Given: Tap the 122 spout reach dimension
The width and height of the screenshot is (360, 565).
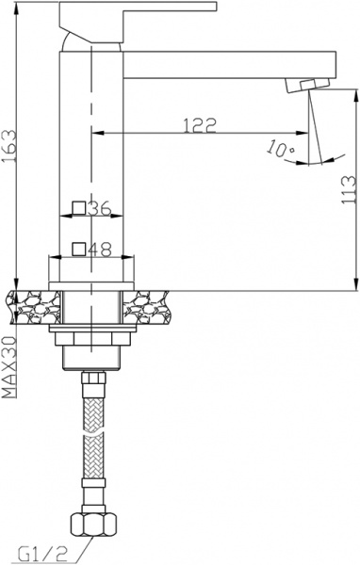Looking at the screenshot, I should [x=200, y=123].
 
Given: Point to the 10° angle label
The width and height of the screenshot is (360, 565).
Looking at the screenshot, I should [x=280, y=149].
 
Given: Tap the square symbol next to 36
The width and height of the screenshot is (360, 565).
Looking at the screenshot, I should [x=80, y=210].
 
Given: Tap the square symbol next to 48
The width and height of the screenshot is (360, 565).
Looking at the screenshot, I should [x=80, y=250].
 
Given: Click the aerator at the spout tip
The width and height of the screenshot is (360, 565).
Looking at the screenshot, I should [x=301, y=86].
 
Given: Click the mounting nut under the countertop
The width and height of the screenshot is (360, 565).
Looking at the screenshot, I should [x=90, y=339].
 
